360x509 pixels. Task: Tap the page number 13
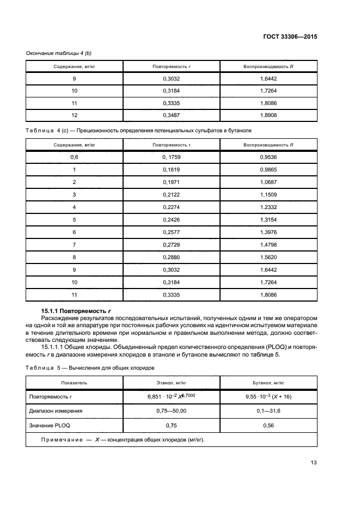click(314, 463)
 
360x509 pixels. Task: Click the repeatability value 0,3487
click(171, 115)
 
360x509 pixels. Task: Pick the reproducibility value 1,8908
click(269, 115)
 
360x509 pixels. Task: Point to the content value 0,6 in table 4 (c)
click(74, 157)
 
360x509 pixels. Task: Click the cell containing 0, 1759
click(171, 157)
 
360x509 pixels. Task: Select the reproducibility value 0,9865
click(269, 170)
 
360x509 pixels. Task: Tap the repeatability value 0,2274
click(171, 207)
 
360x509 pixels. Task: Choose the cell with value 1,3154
click(269, 220)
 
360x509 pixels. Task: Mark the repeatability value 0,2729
click(171, 245)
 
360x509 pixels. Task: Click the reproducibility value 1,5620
click(269, 257)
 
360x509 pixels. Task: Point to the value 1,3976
click(269, 232)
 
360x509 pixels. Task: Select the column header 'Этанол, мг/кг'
click(172, 383)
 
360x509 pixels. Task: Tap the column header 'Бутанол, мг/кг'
click(269, 383)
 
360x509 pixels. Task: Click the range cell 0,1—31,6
click(269, 411)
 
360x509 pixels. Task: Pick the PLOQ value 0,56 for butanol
click(269, 425)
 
